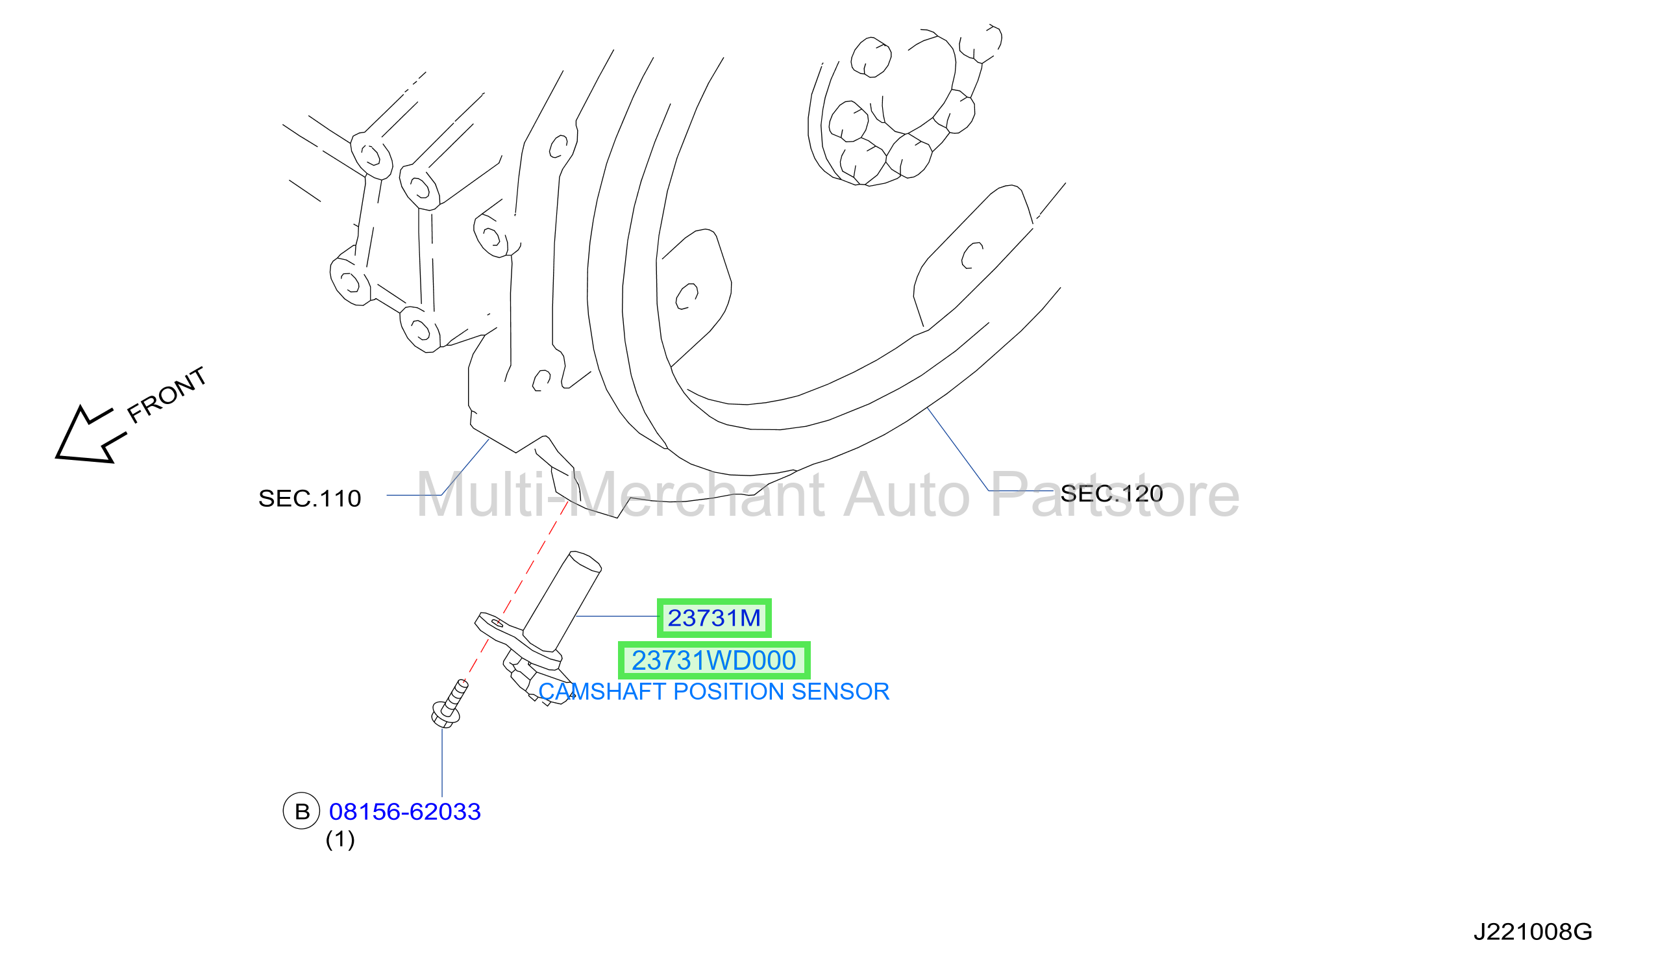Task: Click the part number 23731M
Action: (713, 618)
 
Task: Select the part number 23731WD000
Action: (713, 661)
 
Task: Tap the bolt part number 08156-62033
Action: (405, 812)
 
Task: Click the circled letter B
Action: (302, 811)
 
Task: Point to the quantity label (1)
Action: (340, 840)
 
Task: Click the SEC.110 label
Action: (310, 498)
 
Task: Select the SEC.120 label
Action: (1112, 494)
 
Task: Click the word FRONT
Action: (167, 395)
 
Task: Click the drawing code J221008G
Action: (1533, 932)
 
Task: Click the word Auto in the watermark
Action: (907, 494)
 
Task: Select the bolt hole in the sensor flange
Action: (497, 623)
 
